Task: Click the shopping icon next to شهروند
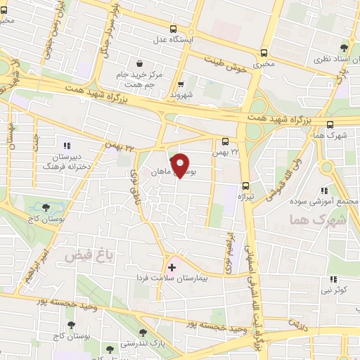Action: (x=181, y=84)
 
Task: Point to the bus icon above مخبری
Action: (x=264, y=53)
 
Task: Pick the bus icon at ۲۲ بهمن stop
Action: (x=225, y=141)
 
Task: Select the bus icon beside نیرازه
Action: (x=245, y=186)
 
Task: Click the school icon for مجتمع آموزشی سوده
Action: (x=324, y=191)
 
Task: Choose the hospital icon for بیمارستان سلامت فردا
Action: (x=172, y=268)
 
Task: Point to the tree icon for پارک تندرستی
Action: (x=143, y=332)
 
